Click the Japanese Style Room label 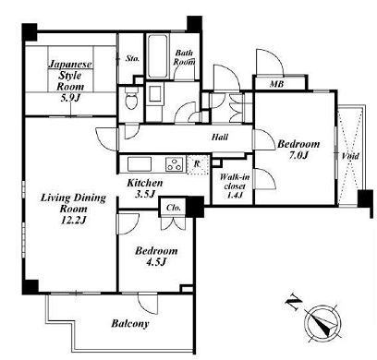[70, 81]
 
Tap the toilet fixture [132, 98]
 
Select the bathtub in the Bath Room [158, 56]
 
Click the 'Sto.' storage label [132, 58]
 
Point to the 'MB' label [276, 83]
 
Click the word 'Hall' [220, 137]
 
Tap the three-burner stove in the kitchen [175, 163]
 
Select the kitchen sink [140, 163]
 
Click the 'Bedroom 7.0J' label [298, 150]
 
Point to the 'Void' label [350, 156]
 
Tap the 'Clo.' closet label [174, 208]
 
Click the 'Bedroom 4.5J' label [156, 257]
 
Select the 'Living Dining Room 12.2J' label [73, 209]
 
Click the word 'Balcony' [130, 323]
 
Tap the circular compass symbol [322, 324]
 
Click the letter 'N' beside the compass [294, 303]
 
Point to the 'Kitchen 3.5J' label [145, 188]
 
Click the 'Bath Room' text [184, 57]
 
